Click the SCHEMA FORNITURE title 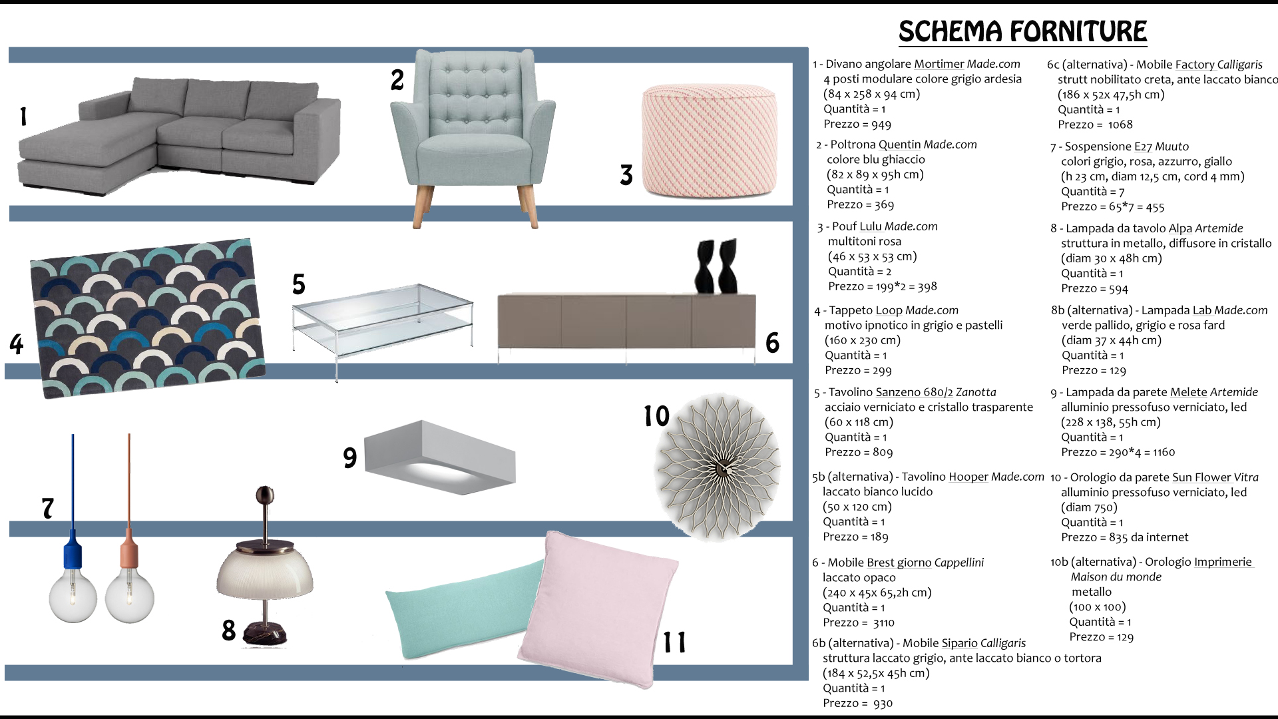[1022, 31]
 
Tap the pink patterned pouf [710, 141]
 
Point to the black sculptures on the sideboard [716, 266]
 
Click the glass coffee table [382, 320]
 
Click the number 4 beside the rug [17, 344]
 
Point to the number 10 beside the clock [656, 416]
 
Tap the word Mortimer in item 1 [939, 64]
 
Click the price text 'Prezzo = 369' [860, 205]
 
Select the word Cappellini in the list [958, 563]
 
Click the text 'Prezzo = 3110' [859, 623]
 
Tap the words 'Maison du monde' [1116, 577]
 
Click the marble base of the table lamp [264, 633]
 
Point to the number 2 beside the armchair [397, 80]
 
